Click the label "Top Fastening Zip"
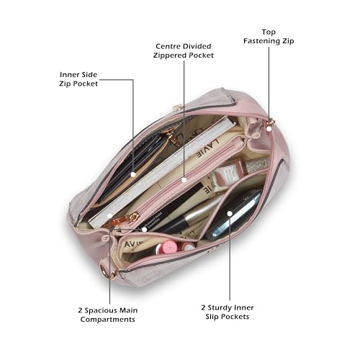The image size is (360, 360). [x=269, y=37]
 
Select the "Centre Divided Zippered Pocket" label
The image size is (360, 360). [x=184, y=50]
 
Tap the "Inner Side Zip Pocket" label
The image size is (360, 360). [x=78, y=79]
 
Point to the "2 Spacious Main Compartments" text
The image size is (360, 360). [x=108, y=315]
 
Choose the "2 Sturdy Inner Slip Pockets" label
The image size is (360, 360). [x=228, y=312]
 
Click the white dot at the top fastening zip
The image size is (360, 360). [x=269, y=129]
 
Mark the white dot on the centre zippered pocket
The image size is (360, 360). [x=184, y=180]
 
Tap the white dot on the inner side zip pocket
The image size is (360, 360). [x=133, y=175]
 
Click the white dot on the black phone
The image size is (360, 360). [x=230, y=213]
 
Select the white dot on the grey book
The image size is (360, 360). [x=109, y=216]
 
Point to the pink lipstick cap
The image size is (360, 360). [x=169, y=246]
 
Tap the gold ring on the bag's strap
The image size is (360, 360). [x=104, y=271]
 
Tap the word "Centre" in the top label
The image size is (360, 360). [x=167, y=46]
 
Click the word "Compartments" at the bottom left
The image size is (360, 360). [x=108, y=320]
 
